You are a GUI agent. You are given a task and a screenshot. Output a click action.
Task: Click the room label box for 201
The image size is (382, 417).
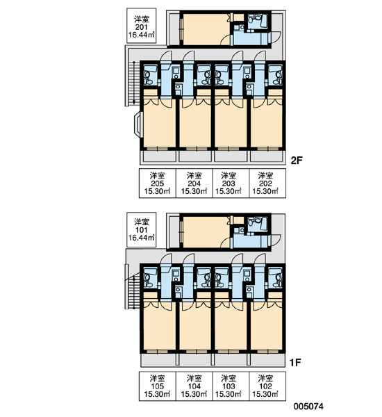(x=141, y=26)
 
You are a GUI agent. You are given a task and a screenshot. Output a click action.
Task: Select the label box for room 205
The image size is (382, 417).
(x=158, y=183)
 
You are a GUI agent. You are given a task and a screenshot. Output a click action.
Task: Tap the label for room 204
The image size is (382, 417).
(x=194, y=183)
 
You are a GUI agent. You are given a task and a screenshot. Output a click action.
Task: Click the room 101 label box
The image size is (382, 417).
(x=141, y=229)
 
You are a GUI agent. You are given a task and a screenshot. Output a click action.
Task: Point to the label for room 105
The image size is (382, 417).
(x=158, y=386)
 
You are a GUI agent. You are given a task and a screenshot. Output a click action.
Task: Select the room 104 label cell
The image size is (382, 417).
(x=194, y=386)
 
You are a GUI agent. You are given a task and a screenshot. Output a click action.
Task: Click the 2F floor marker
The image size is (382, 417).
(x=297, y=161)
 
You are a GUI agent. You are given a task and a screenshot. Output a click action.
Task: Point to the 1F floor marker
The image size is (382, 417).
(x=296, y=362)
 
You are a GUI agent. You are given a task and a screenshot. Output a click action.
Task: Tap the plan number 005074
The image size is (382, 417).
(x=308, y=406)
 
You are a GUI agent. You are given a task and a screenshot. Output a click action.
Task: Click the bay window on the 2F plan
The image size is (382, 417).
(x=138, y=124)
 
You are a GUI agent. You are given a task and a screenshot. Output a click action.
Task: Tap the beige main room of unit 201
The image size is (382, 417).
(x=206, y=29)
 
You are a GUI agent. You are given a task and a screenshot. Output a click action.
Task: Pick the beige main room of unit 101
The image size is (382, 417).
(x=206, y=232)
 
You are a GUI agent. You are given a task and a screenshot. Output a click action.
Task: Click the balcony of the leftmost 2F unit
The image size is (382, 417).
(x=158, y=156)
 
